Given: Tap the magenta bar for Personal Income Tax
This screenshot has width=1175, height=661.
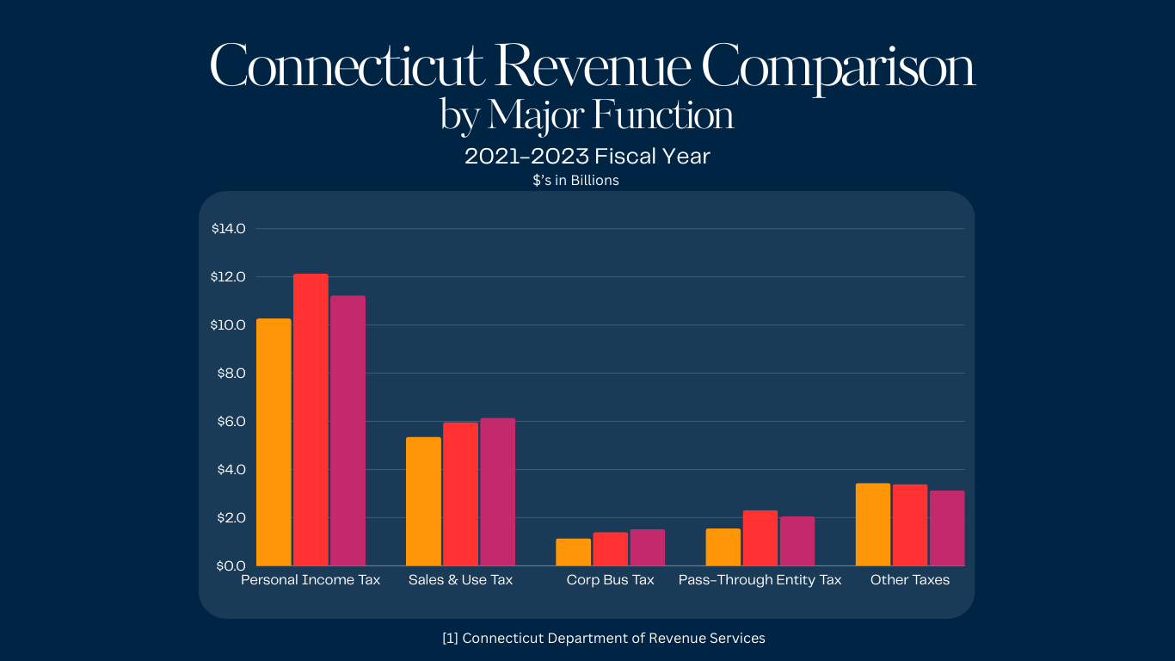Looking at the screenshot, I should [x=348, y=430].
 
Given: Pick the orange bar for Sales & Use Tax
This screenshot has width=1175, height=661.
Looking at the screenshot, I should [x=423, y=501].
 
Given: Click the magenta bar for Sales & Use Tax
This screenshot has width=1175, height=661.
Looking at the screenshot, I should [x=497, y=491].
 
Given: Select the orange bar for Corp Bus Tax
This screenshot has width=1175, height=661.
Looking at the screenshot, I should [x=573, y=552].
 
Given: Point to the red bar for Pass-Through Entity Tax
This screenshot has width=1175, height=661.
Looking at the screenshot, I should [x=760, y=538].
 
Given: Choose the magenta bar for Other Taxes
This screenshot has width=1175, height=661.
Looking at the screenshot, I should [x=947, y=528].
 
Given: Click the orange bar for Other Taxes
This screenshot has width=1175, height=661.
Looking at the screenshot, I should [x=873, y=524].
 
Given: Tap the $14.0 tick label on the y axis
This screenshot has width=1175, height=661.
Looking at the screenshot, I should [x=229, y=229].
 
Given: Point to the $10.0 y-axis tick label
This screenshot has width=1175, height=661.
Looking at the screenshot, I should [x=229, y=325].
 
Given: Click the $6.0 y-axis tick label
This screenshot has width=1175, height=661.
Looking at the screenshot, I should [x=229, y=422].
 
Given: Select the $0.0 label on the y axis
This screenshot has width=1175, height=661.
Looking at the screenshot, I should [x=229, y=566].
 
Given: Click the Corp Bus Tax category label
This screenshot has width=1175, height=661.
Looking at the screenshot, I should [x=610, y=580].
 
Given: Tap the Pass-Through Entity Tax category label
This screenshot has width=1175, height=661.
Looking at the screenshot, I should [x=760, y=580].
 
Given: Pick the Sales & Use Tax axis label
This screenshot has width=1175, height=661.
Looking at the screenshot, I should [x=460, y=580].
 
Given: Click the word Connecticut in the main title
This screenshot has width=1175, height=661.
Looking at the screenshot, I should [x=347, y=67].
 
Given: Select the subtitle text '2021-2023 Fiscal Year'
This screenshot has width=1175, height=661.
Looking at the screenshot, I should [x=587, y=157].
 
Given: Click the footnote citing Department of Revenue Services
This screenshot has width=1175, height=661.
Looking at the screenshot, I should [x=603, y=639].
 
